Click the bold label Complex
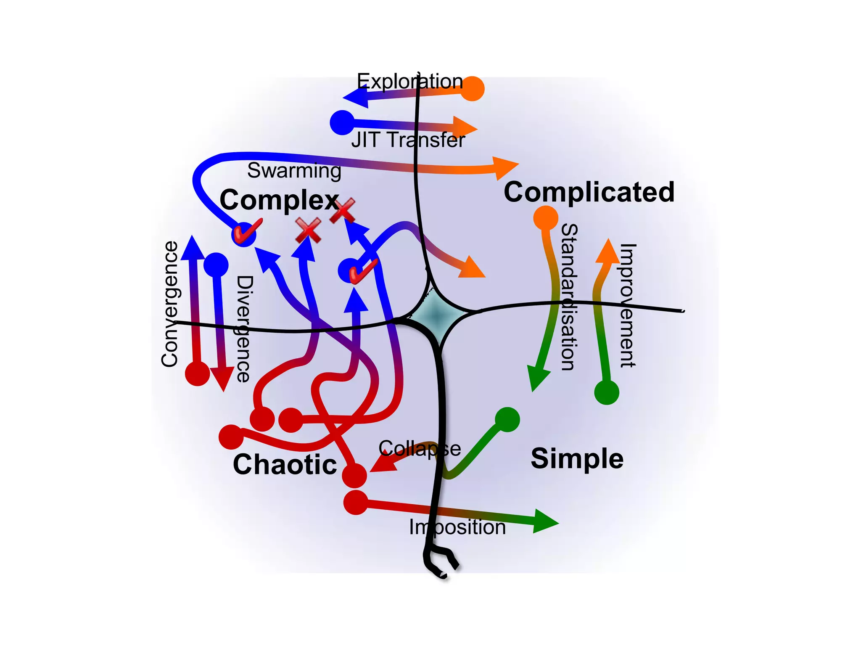point(279,200)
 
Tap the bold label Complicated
point(589,192)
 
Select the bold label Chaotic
point(285,465)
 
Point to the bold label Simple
point(577,458)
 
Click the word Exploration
point(410,81)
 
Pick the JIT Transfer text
point(408,140)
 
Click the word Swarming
point(294,171)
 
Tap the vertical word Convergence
point(170,304)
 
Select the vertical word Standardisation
point(569,297)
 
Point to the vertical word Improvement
point(628,305)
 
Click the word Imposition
point(457,527)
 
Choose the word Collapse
point(420,449)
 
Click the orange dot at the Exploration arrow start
point(473,89)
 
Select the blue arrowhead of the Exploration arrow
point(356,97)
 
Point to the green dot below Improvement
point(607,392)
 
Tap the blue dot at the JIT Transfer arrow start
point(342,122)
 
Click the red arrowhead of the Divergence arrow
point(222,378)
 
